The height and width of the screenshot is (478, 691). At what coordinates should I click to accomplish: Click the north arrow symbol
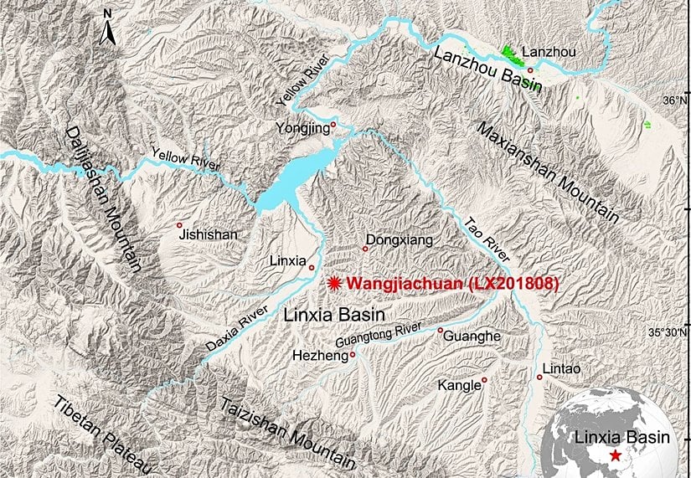click(x=107, y=28)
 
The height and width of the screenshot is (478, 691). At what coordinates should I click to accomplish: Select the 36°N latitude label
click(x=673, y=100)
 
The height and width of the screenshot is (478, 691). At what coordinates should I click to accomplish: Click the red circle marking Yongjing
click(x=333, y=126)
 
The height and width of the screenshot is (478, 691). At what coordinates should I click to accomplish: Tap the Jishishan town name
click(x=209, y=236)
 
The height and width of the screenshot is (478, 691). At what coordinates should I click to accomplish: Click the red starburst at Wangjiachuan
click(x=335, y=284)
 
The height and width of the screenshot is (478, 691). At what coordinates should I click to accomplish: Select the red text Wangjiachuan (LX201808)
click(x=451, y=284)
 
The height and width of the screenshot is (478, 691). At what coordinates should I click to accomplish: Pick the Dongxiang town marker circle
click(x=365, y=249)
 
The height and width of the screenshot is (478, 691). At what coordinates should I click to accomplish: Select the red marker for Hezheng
click(x=353, y=354)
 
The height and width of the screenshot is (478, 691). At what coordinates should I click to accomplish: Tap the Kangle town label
click(x=459, y=386)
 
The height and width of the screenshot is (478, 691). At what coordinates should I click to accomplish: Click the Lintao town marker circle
click(x=540, y=378)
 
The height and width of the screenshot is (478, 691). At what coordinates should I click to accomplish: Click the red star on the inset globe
click(x=616, y=455)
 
